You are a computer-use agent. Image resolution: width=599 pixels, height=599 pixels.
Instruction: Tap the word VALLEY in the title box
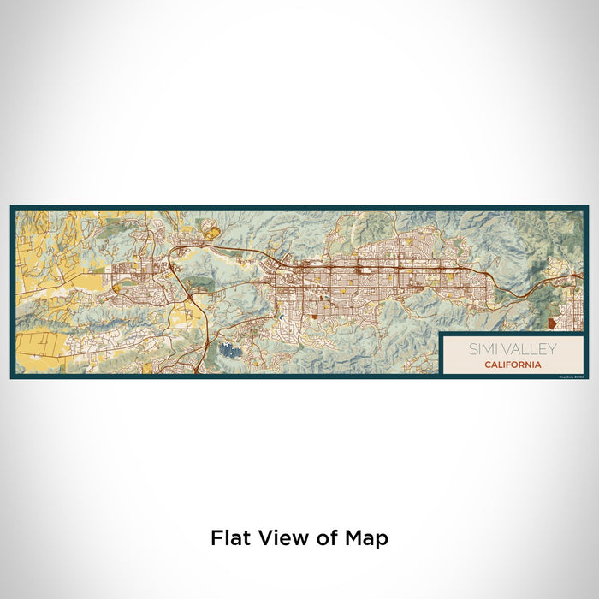coord(528,349)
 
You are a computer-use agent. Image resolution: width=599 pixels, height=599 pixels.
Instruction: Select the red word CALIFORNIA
coord(512,365)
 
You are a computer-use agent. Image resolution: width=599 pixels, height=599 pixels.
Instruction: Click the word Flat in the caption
coord(227,538)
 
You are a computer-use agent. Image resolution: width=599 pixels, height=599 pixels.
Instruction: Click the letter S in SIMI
coord(472,349)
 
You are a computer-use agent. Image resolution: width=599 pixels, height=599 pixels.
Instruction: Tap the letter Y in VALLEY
coord(552,349)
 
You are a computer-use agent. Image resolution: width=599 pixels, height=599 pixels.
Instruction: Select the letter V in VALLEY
coord(504,349)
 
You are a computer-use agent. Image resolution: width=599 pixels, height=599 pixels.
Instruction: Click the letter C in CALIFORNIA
coord(487,365)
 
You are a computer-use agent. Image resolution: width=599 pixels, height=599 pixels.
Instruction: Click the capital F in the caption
coord(216,538)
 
